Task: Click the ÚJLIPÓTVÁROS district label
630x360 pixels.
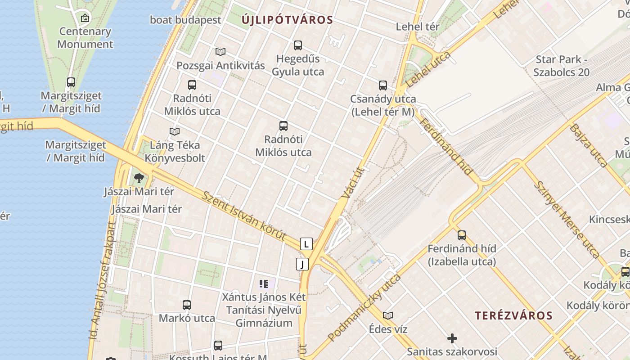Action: (287, 20)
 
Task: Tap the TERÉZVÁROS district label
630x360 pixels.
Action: (513, 315)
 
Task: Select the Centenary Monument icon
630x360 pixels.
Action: (85, 18)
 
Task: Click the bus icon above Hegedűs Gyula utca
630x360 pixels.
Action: (298, 45)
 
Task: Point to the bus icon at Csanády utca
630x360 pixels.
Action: (383, 85)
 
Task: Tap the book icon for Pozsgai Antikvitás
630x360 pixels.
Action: (220, 52)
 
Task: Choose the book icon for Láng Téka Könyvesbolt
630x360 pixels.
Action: (175, 132)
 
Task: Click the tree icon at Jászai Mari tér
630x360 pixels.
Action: (139, 178)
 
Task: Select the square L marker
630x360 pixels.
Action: (306, 244)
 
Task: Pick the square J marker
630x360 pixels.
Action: (302, 264)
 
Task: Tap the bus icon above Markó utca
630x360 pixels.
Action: (187, 305)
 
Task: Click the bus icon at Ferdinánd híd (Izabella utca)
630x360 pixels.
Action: (462, 235)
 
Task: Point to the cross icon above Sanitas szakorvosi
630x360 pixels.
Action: (452, 338)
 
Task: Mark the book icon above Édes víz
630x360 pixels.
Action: (388, 316)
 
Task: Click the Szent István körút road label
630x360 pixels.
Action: (244, 216)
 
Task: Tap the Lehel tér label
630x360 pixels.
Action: (418, 27)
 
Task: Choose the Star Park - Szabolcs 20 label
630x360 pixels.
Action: (561, 66)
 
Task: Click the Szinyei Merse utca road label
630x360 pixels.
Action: (567, 219)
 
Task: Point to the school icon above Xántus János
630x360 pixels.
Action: (264, 283)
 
